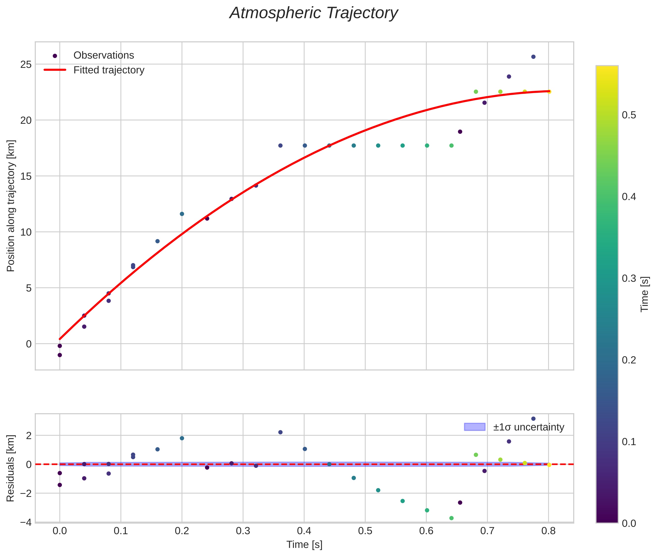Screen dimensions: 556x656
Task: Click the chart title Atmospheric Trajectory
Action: (314, 13)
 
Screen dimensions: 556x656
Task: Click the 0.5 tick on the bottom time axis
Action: (365, 531)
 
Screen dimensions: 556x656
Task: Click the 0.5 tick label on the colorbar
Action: (629, 115)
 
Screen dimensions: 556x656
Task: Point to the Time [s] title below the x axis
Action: (304, 545)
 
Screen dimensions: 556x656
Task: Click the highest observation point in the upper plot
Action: (533, 57)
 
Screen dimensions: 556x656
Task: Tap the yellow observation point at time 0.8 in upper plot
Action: (549, 92)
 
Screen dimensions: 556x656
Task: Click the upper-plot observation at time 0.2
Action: (182, 214)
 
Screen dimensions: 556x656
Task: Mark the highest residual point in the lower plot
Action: (533, 419)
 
